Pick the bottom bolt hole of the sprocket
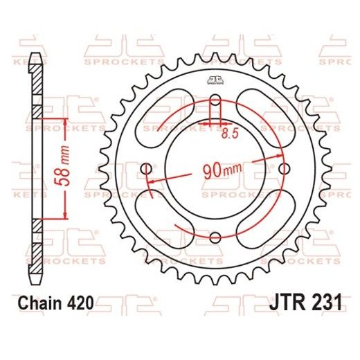[215, 239]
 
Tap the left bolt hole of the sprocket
[145, 168]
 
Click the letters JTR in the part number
[283, 303]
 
